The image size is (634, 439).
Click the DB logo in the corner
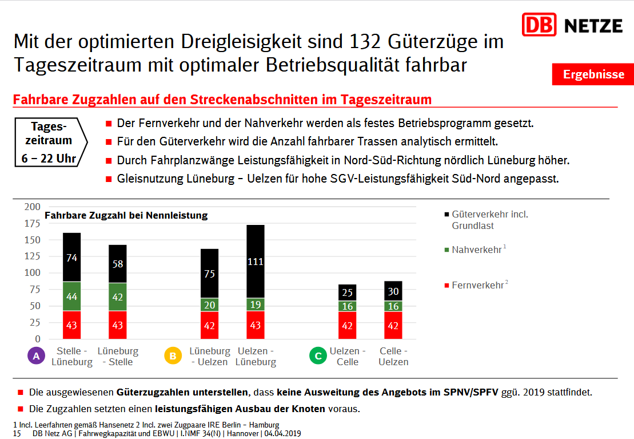coord(539,25)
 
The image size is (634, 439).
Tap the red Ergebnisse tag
coord(593,74)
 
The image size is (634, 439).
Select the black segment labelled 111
coord(256,262)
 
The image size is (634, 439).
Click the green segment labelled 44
coord(71,296)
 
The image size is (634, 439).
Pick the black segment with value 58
coord(118,264)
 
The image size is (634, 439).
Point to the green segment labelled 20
coord(209,305)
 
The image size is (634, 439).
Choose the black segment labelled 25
coord(348,293)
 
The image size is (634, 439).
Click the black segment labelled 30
coord(393,291)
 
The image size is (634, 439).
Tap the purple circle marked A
coord(36,356)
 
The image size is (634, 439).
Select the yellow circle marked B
coord(172,356)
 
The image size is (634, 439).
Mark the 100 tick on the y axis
coord(32,273)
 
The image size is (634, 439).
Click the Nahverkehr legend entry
coord(476,250)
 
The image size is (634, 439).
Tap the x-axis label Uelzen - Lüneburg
coord(256,357)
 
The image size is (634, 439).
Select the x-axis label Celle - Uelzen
coord(393,357)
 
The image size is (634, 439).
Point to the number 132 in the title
coord(364,42)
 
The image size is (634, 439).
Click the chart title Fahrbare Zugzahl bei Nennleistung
coord(126,216)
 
